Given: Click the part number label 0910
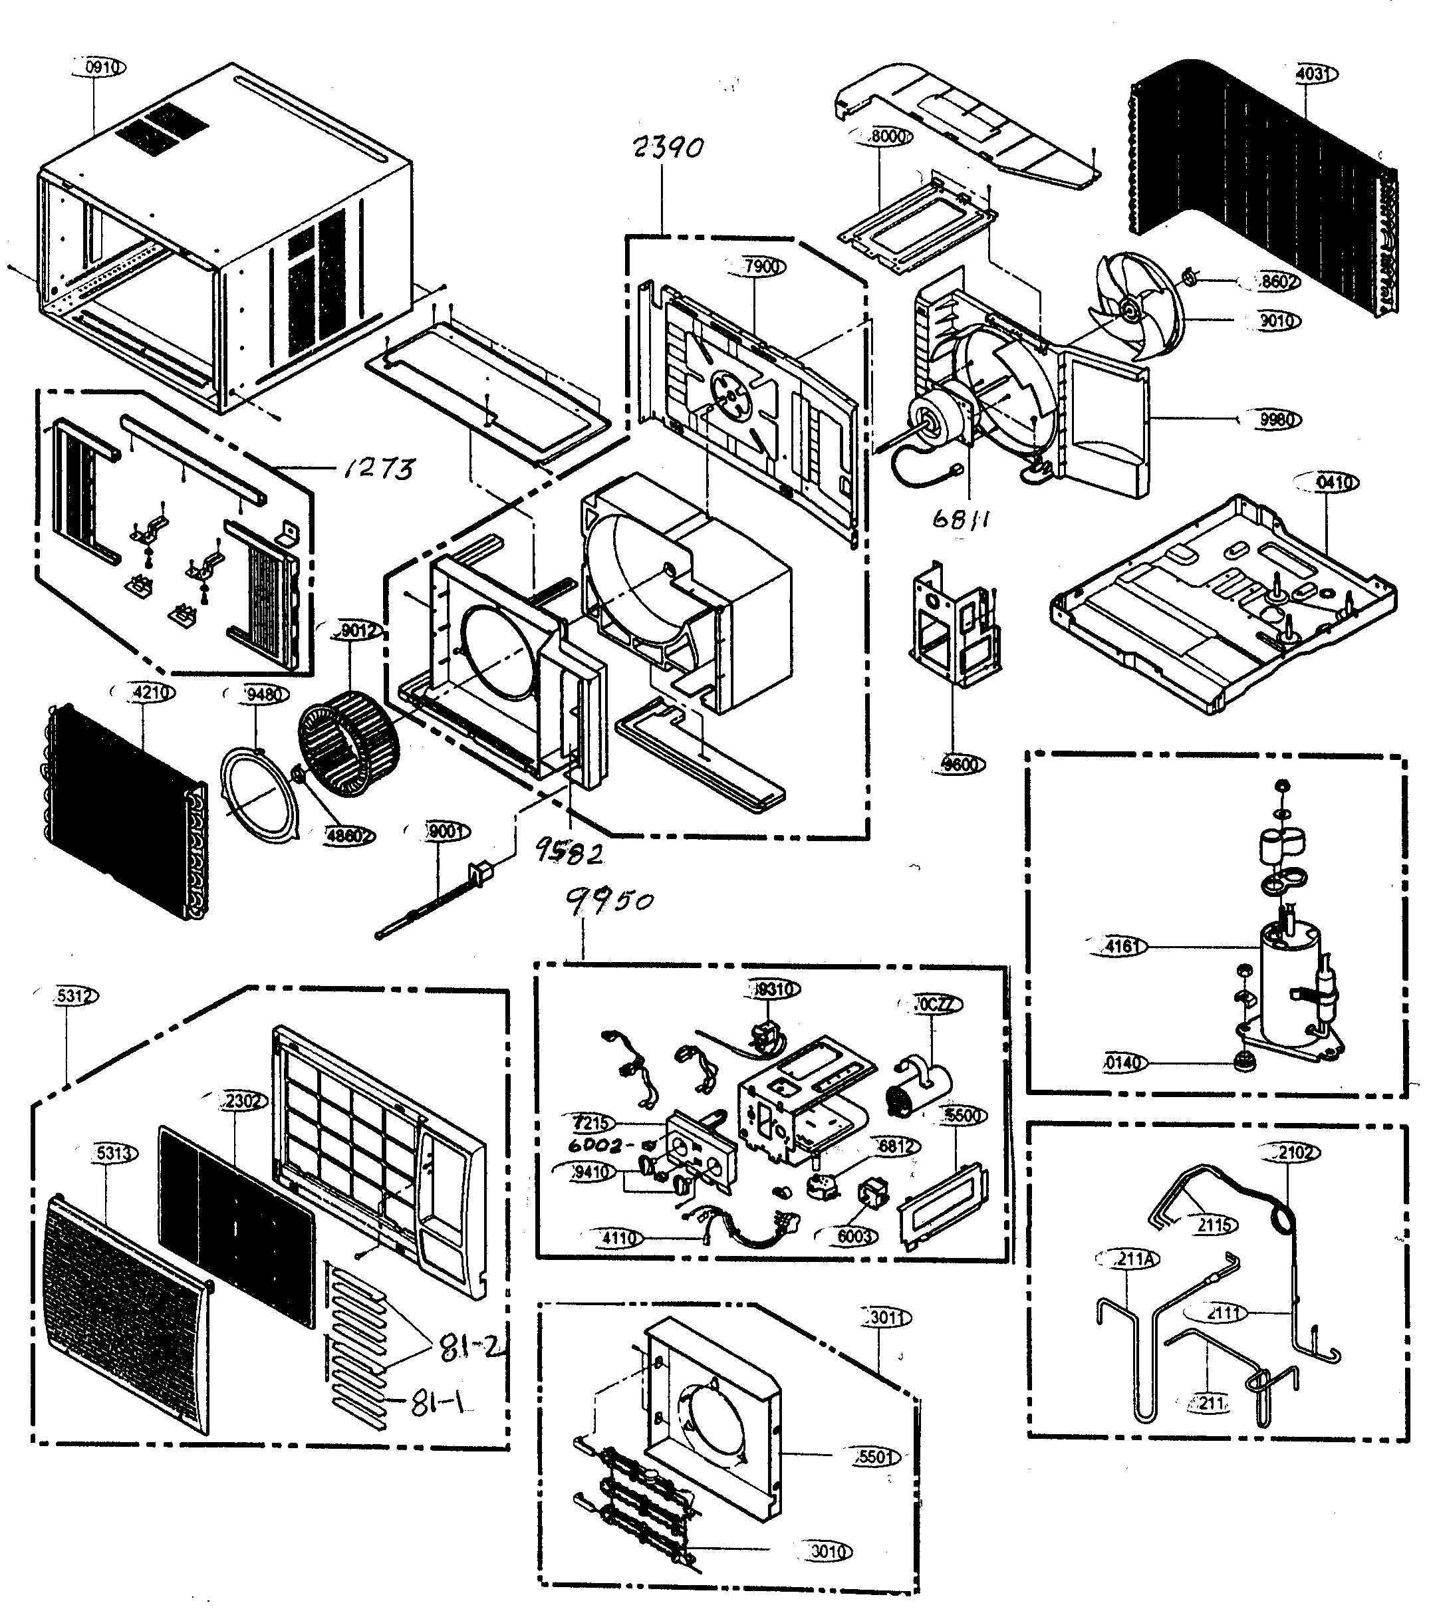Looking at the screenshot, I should tap(101, 68).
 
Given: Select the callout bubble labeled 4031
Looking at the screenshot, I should tap(1313, 74).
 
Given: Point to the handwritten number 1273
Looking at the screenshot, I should tap(380, 469).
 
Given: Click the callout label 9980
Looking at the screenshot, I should tap(1276, 420).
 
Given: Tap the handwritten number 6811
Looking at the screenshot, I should tap(961, 519).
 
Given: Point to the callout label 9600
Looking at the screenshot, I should tap(960, 764).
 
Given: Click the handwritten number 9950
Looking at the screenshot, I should tap(610, 900).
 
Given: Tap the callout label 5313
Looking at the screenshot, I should tap(113, 1153).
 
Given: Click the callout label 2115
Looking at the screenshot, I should tap(1214, 1225).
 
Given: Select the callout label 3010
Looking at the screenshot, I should tap(827, 1551).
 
